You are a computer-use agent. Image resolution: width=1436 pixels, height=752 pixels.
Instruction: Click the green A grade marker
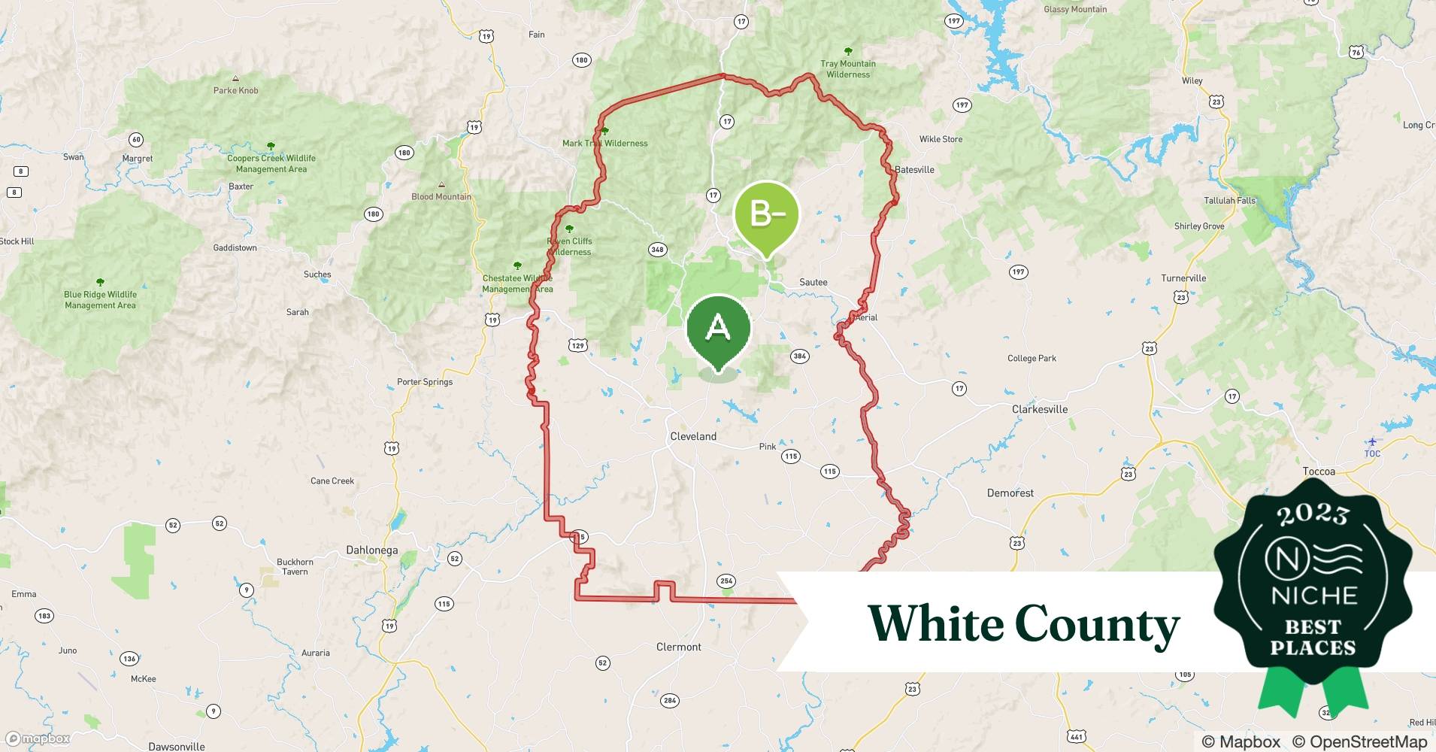[719, 329]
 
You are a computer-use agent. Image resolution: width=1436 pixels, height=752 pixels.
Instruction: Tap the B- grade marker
[766, 216]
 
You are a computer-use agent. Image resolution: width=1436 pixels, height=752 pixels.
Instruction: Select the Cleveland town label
[693, 436]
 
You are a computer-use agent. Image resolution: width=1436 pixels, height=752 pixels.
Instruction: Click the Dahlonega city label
[371, 550]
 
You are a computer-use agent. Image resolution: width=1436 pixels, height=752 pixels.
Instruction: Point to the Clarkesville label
[1040, 409]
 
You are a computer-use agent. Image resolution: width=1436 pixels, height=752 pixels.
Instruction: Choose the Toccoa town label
[1319, 472]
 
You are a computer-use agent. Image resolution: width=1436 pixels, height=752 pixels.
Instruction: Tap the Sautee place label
[813, 282]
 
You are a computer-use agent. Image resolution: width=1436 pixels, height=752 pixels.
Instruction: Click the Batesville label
[914, 169]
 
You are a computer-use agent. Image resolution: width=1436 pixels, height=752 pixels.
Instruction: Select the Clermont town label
[678, 647]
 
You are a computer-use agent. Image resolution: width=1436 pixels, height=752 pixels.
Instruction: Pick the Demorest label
[1010, 493]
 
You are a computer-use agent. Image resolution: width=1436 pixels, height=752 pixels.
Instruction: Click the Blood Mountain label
[441, 196]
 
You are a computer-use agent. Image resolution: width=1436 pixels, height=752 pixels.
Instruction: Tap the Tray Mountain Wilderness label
[848, 68]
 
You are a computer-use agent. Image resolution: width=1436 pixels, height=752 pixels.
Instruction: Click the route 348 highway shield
[657, 250]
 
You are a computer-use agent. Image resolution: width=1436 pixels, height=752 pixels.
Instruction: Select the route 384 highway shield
[799, 356]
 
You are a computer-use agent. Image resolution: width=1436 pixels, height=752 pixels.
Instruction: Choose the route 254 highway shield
[726, 581]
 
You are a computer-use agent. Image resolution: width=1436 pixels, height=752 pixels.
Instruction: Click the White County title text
[1023, 624]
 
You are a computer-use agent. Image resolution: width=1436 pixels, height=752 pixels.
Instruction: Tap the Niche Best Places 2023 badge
[1313, 587]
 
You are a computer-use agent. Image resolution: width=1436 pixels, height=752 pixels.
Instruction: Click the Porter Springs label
[425, 381]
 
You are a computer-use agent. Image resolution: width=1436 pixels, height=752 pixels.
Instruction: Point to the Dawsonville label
[177, 746]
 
